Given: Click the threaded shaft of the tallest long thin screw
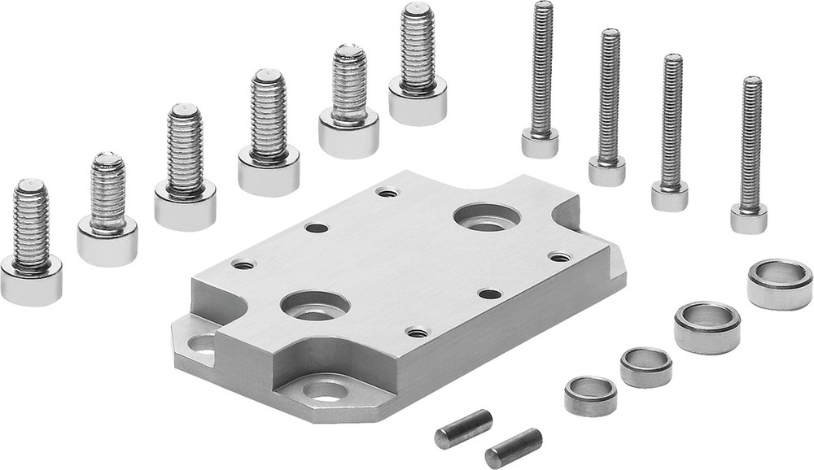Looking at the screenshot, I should [542, 65].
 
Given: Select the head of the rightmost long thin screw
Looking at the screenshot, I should [749, 218].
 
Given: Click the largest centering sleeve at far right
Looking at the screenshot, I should [779, 283].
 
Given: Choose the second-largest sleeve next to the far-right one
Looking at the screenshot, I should [707, 326].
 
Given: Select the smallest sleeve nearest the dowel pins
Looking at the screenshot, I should [590, 395].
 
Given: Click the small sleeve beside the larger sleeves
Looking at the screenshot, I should [646, 366].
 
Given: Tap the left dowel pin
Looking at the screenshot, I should [463, 428].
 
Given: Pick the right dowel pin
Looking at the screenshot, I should [513, 446].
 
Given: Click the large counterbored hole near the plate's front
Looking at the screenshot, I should [314, 306].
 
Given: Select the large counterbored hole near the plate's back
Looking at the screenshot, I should [487, 217].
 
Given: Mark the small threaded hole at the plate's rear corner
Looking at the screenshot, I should [388, 193].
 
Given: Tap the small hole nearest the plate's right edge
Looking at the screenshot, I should [559, 257].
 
